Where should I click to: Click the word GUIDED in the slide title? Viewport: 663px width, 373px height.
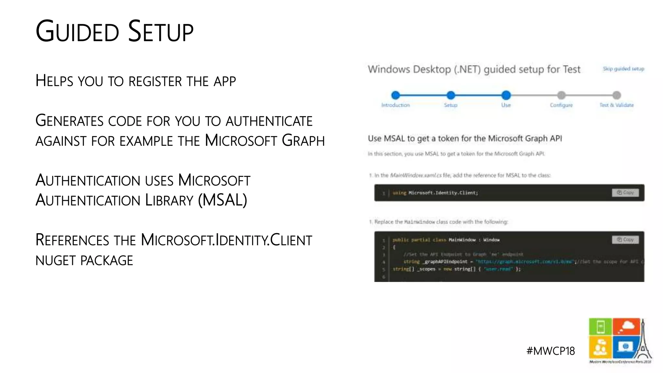[x=77, y=32]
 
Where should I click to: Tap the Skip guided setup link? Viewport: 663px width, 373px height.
[x=623, y=69]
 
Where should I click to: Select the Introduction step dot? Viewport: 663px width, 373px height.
[x=395, y=95]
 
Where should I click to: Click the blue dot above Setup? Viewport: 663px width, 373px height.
[x=451, y=95]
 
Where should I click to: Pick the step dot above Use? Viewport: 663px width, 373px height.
[x=506, y=95]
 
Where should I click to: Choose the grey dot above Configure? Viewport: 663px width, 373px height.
[x=561, y=95]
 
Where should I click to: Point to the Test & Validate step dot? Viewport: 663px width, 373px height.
[x=617, y=95]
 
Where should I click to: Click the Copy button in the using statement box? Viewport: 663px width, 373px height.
[x=625, y=193]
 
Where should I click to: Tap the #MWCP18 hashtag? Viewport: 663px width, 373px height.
[x=551, y=351]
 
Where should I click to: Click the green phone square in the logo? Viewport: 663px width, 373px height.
[x=601, y=326]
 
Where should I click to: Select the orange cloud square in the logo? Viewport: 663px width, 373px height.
[x=626, y=326]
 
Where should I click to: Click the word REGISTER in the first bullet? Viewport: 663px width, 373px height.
[x=155, y=81]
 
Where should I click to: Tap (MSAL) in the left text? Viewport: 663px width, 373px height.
[x=222, y=200]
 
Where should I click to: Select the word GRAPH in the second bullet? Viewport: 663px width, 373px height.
[x=303, y=141]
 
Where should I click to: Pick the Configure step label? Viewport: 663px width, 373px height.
[x=561, y=105]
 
